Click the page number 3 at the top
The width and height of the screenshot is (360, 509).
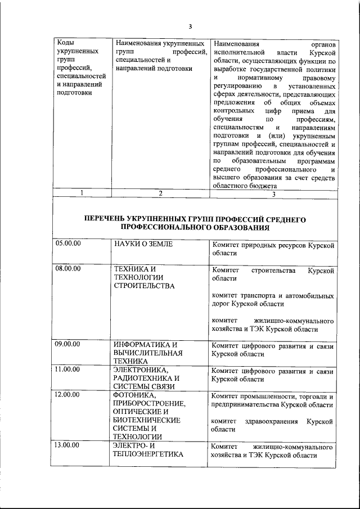[x=190, y=26]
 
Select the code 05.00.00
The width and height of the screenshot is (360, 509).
[x=69, y=244]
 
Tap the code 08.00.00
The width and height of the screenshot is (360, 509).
[x=69, y=268]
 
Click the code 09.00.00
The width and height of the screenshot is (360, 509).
[x=69, y=344]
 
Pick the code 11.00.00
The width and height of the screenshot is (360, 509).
[x=69, y=370]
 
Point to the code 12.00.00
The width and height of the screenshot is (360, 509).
[x=69, y=395]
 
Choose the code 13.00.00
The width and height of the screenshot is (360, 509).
[x=69, y=445]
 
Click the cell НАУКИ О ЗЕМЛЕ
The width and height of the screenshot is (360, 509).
[x=143, y=244]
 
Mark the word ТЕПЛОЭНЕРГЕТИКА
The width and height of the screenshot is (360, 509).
[x=148, y=454]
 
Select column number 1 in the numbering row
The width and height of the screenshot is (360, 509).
[x=82, y=193]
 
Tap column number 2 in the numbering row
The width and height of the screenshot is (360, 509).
[x=160, y=193]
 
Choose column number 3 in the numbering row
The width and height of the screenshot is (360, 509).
[x=273, y=193]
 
